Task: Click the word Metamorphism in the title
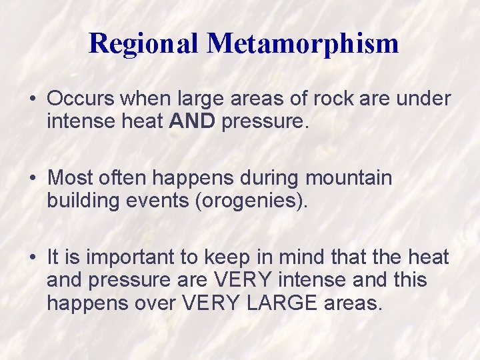pos(303,43)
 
